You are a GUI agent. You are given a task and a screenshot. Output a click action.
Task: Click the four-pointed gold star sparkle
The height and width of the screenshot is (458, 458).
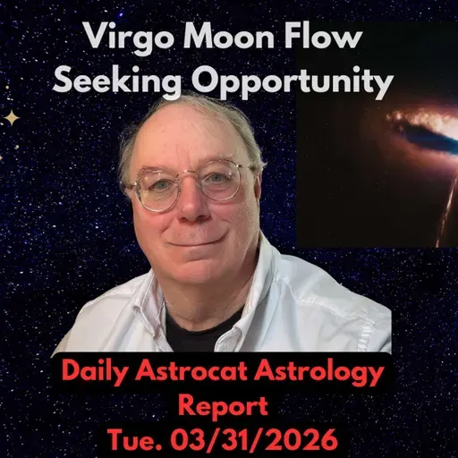(x=13, y=117)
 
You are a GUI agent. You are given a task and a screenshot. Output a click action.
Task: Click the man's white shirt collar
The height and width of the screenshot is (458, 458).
(x=259, y=286)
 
